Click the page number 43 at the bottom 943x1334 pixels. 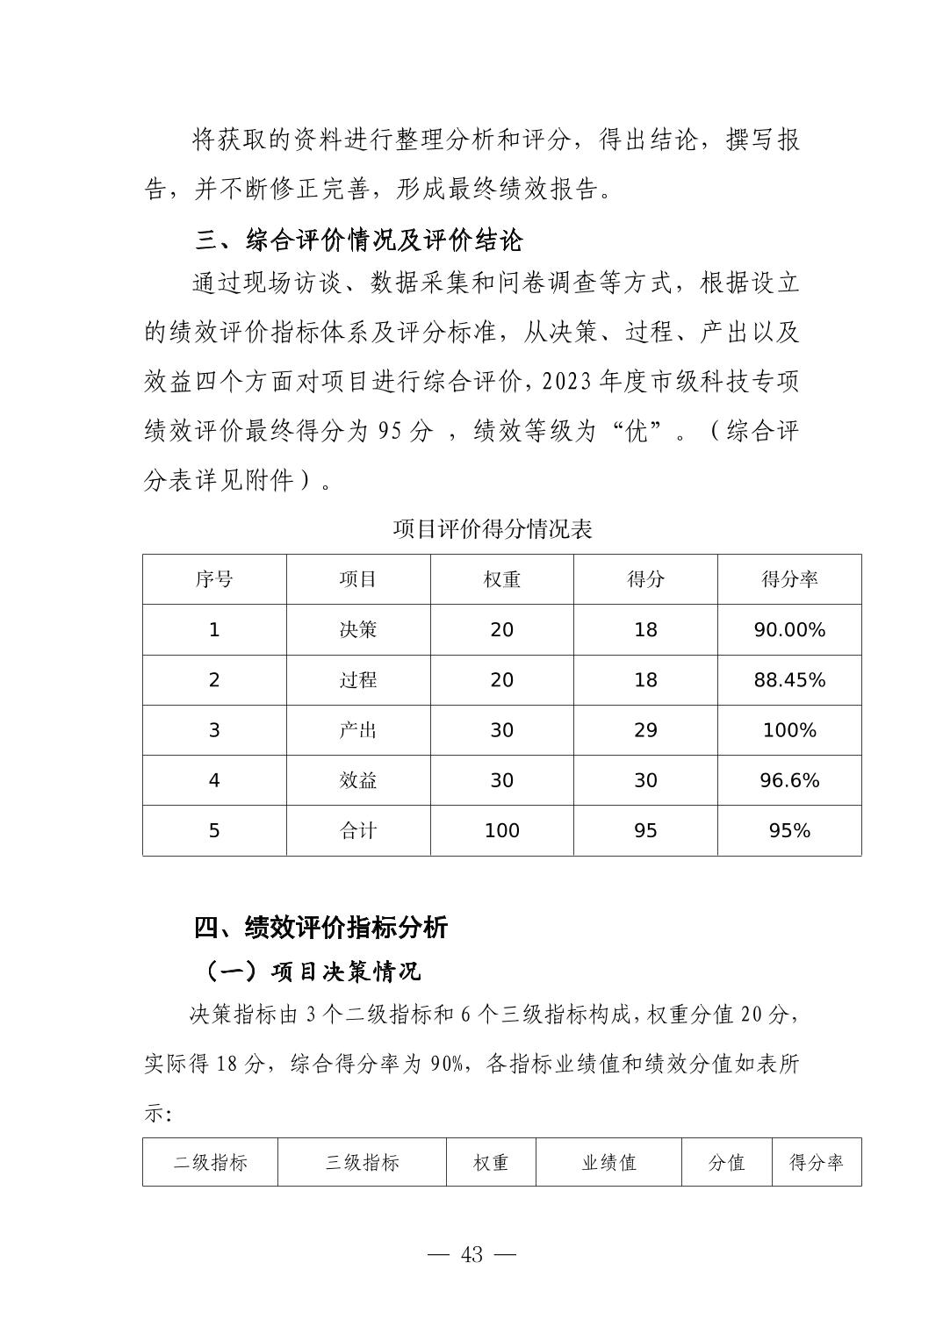[x=471, y=1255]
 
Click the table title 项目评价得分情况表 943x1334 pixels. [x=493, y=529]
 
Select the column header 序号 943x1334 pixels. [x=214, y=579]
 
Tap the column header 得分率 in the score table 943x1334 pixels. [x=789, y=579]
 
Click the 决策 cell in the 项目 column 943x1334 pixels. [x=358, y=630]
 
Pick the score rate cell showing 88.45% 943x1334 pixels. [x=789, y=680]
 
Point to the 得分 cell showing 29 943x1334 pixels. [x=645, y=730]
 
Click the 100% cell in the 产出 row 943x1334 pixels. [x=789, y=730]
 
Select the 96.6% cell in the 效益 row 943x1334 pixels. [x=789, y=780]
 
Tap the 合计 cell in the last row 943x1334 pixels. [x=358, y=830]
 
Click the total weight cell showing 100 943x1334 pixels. [x=501, y=830]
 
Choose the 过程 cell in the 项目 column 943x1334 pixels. [x=358, y=680]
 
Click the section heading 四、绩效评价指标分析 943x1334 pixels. [x=320, y=928]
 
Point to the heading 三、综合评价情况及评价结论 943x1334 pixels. [x=358, y=240]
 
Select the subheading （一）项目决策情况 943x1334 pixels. [x=309, y=972]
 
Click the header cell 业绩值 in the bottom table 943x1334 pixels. [x=608, y=1163]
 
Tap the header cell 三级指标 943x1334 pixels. [x=362, y=1163]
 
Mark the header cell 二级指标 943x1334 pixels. [x=211, y=1163]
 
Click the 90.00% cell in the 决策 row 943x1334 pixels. [x=789, y=630]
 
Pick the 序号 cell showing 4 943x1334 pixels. [x=214, y=780]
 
